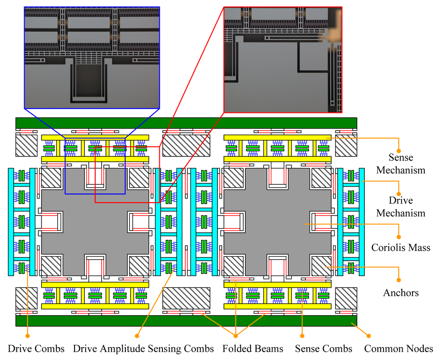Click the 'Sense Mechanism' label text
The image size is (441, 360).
click(x=401, y=164)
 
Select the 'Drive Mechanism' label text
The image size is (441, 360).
click(x=401, y=207)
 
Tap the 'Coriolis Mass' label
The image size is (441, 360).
click(x=401, y=248)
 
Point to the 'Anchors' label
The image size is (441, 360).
click(x=401, y=293)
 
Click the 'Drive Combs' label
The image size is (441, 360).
click(x=36, y=349)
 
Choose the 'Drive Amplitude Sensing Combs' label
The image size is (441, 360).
click(x=143, y=349)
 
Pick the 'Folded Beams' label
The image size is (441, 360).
click(x=253, y=349)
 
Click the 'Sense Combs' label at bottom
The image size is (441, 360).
click(x=323, y=349)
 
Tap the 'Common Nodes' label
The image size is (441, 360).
click(x=398, y=349)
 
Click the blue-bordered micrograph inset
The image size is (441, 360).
click(x=92, y=57)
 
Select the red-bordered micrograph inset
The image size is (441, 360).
click(x=283, y=59)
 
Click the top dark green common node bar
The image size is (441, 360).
click(x=186, y=123)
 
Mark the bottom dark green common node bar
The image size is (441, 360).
click(x=186, y=321)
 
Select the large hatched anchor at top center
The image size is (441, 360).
click(x=186, y=146)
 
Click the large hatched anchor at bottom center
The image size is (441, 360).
click(x=186, y=298)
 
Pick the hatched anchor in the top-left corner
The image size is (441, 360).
click(x=26, y=146)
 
